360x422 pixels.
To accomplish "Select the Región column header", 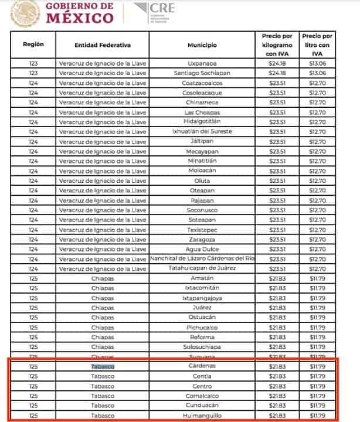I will tap(33, 45).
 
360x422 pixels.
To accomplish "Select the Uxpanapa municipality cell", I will tap(202, 63).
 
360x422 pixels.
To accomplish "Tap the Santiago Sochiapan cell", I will tap(202, 73).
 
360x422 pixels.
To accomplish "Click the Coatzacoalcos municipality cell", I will tap(202, 83).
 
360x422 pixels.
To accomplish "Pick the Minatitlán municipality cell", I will tap(202, 161).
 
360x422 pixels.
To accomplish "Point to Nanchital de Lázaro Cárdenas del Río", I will tap(202, 258).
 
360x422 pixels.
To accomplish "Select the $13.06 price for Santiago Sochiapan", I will tap(317, 73).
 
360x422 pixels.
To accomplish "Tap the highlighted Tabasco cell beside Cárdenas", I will tap(103, 366).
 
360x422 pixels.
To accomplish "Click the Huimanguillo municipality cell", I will tap(202, 415).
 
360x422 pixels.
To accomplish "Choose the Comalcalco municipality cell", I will tap(202, 396).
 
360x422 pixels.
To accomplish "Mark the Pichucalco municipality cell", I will tap(202, 327).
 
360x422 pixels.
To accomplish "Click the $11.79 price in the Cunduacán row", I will tap(317, 405).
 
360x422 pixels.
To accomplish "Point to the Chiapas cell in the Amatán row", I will tap(103, 278).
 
